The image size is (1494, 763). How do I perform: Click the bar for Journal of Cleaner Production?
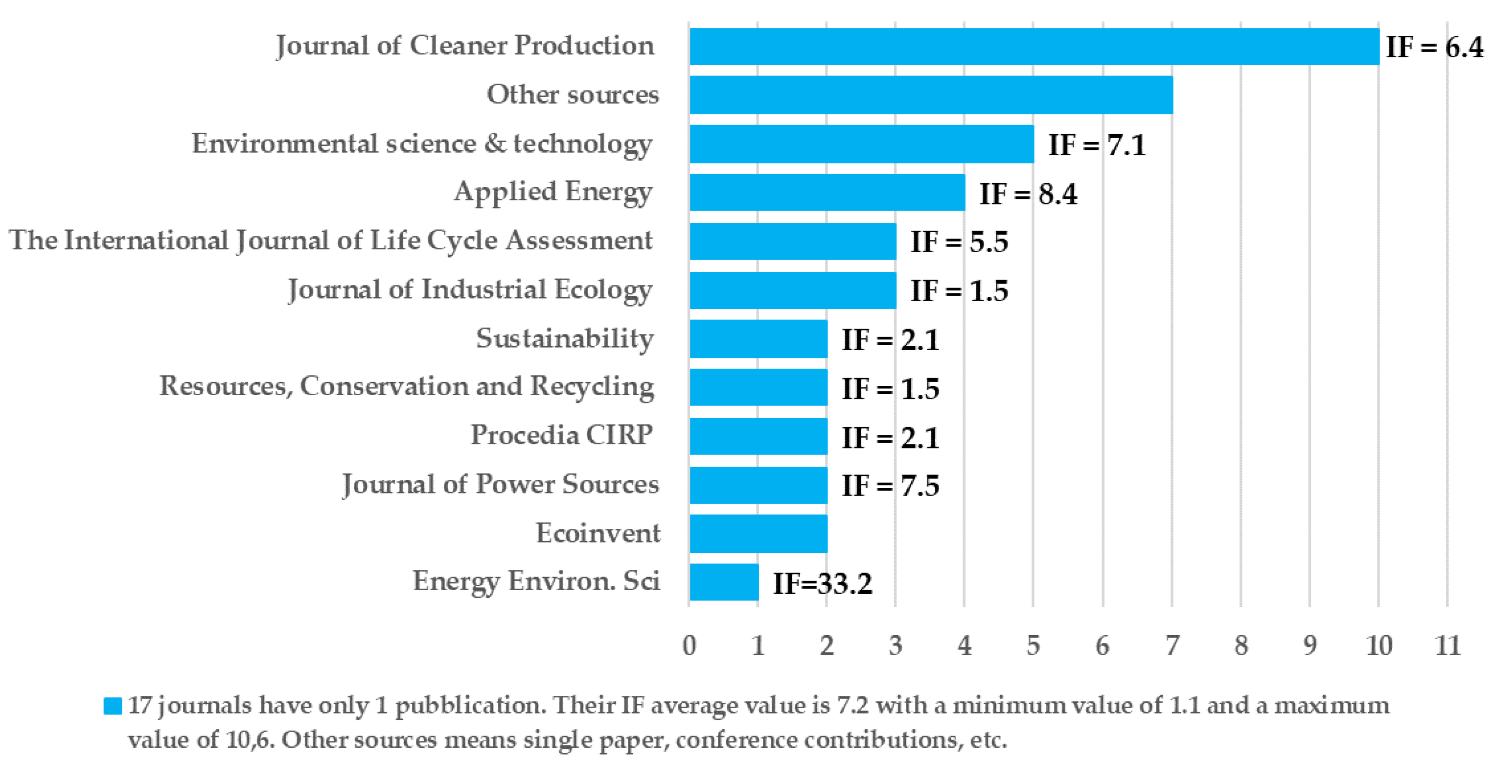click(1034, 47)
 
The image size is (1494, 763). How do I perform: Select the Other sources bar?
click(931, 95)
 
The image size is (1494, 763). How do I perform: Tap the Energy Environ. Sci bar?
click(724, 582)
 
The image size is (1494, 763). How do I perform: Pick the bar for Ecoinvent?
click(758, 533)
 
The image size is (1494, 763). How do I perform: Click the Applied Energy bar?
click(827, 192)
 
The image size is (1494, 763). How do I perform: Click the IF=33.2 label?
click(823, 584)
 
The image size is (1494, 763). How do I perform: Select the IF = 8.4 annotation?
click(1028, 194)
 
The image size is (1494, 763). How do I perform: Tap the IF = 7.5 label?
click(890, 486)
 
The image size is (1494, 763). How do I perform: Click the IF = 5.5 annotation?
click(959, 242)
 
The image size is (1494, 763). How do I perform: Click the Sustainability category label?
click(565, 338)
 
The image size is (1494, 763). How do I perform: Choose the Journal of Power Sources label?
click(501, 484)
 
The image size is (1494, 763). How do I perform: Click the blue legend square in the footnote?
click(113, 706)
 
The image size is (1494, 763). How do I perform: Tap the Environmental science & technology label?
click(422, 144)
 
